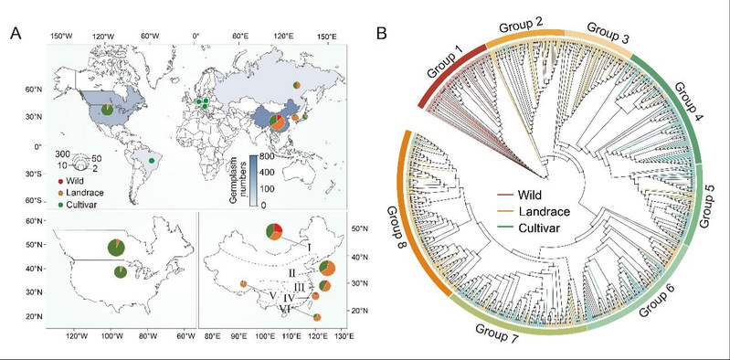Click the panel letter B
coord(381,33)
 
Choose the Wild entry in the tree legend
coord(526,195)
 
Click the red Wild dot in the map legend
coord(60,180)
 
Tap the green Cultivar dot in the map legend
coord(60,204)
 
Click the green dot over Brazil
coord(152,161)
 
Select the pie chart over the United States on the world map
coord(108,110)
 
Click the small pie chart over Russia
coord(297,85)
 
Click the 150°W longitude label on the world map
coord(61,37)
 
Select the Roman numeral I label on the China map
coord(308,247)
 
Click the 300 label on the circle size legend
coord(63,154)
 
